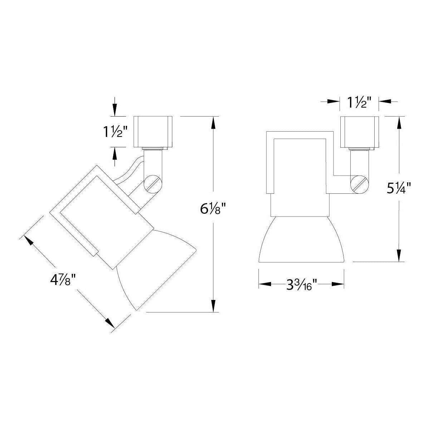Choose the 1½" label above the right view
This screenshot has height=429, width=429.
(x=359, y=102)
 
